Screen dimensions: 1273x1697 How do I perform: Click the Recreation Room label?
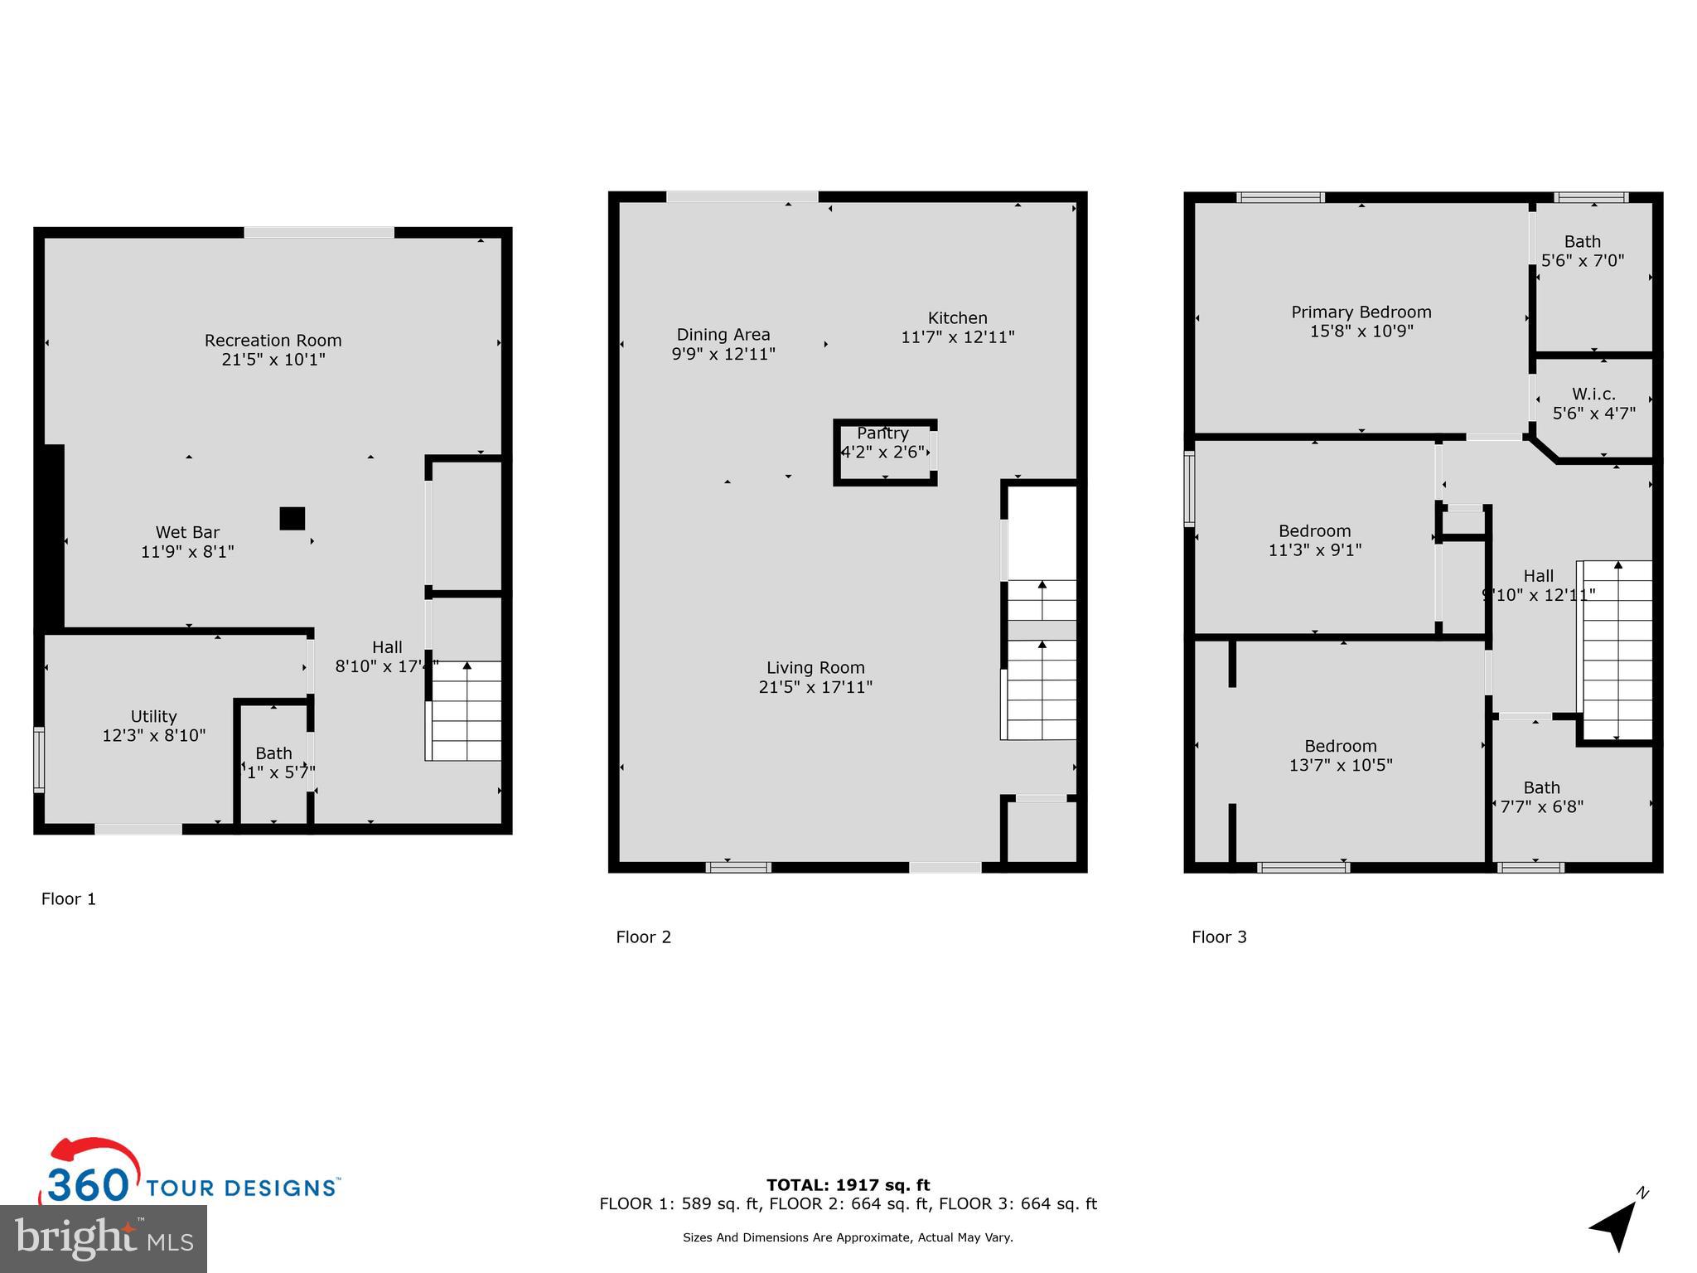tap(273, 341)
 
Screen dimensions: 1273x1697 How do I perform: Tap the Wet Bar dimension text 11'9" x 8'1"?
tap(187, 551)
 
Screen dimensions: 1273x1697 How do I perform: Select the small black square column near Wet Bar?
tap(292, 519)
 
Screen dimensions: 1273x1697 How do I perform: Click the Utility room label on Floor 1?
tap(153, 716)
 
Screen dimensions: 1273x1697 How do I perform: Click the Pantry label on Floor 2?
tap(882, 433)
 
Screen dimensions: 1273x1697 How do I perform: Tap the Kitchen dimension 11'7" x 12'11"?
tap(957, 337)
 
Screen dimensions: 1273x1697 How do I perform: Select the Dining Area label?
tap(723, 335)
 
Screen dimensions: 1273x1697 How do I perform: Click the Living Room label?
tap(815, 668)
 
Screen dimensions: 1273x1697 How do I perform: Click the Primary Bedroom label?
tap(1361, 312)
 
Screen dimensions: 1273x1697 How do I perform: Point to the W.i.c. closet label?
tap(1593, 394)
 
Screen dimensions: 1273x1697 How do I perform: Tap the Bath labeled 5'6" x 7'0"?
tap(1582, 251)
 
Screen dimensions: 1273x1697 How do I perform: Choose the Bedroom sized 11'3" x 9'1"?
tap(1314, 540)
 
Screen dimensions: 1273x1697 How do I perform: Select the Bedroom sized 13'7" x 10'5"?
tap(1340, 756)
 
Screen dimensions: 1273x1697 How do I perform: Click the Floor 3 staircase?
tap(1617, 651)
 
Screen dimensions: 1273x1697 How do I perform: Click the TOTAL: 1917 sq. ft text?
tap(848, 1185)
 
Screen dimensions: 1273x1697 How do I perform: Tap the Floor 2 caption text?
tap(643, 937)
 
